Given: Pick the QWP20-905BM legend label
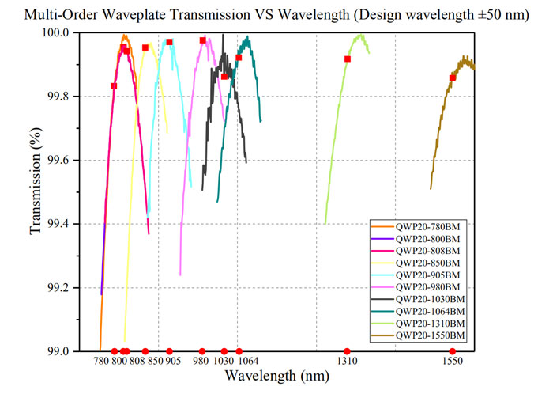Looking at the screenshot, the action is tap(428, 275).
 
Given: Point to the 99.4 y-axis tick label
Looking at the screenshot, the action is tap(58, 224).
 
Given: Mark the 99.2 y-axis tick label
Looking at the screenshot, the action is tap(58, 288).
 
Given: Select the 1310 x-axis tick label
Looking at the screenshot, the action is tap(348, 361).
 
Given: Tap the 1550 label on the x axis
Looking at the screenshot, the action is tap(453, 361).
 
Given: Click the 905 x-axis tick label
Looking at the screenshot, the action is tap(173, 361).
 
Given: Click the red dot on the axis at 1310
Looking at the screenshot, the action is tap(347, 351).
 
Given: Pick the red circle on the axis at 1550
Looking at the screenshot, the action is tap(453, 351).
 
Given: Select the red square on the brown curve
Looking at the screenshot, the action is tap(453, 78).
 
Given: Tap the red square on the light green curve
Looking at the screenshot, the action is tap(348, 59).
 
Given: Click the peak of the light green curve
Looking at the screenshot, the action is tap(360, 35).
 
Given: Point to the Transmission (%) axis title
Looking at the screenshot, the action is tap(36, 181).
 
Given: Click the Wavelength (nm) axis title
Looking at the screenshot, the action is tap(277, 376).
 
